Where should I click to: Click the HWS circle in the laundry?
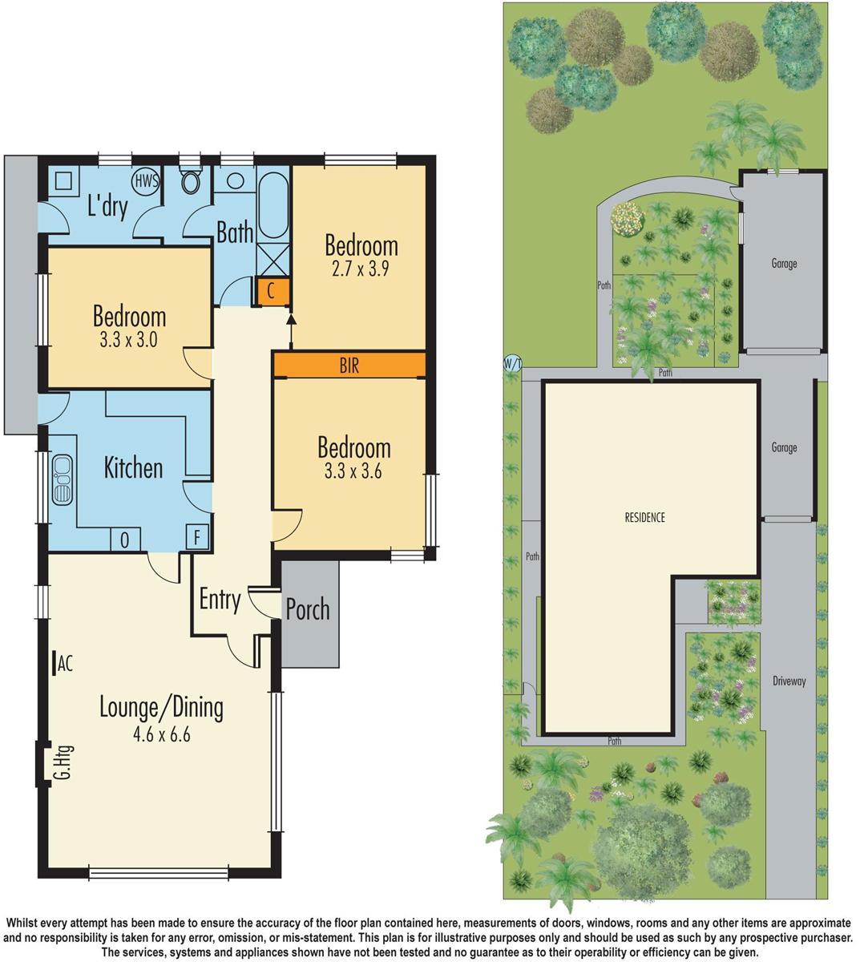[x=146, y=180]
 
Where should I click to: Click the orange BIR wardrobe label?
[x=349, y=366]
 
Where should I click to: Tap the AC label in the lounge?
[x=65, y=663]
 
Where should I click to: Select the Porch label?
[x=308, y=609]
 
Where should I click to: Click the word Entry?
[x=220, y=600]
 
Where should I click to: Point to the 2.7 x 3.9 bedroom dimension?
[x=361, y=269]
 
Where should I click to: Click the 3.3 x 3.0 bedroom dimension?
[x=129, y=339]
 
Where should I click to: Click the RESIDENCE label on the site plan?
[x=644, y=518]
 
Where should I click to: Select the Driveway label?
[x=789, y=681]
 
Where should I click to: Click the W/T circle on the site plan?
[x=512, y=364]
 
